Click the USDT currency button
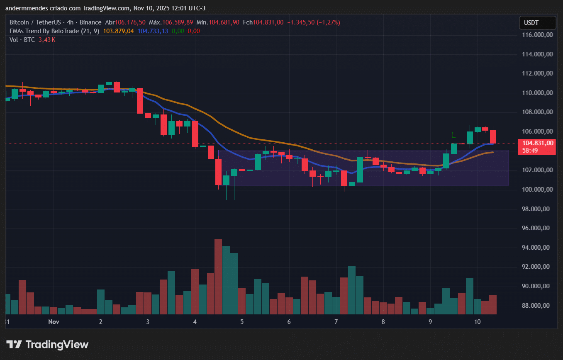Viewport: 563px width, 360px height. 538,23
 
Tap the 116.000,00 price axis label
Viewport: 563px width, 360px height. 538,35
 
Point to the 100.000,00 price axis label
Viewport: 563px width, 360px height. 538,190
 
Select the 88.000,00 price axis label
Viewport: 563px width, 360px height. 538,306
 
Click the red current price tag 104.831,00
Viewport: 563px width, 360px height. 538,143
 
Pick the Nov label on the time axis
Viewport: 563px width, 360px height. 54,322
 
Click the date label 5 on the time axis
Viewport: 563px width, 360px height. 242,322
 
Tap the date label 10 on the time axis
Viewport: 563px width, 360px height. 477,322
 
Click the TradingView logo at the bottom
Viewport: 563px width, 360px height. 47,344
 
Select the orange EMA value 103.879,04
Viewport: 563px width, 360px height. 119,31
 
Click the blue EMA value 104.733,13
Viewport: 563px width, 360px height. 153,31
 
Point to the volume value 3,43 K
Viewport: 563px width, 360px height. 47,40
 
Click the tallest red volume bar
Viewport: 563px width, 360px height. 218,277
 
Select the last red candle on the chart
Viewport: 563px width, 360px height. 493,137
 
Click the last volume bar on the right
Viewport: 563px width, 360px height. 493,304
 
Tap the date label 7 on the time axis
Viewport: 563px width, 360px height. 336,322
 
